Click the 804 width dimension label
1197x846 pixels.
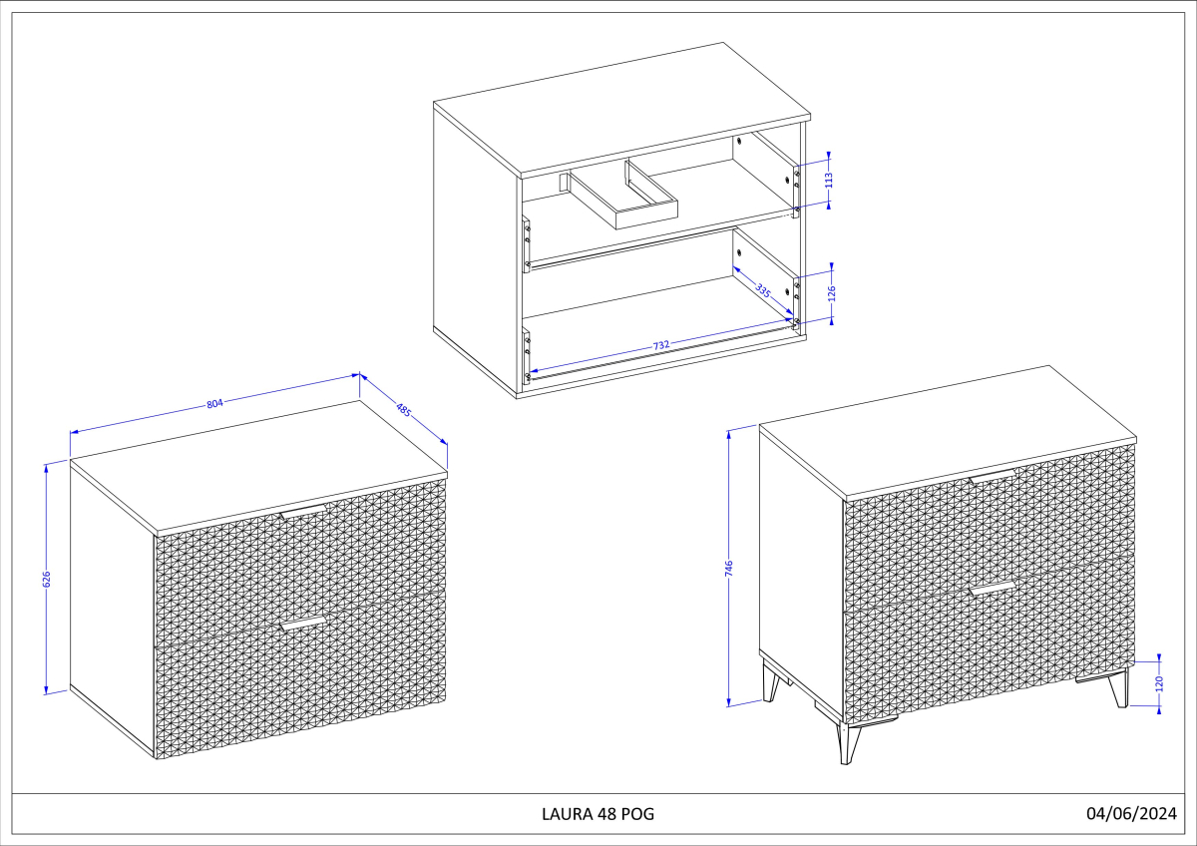(x=214, y=403)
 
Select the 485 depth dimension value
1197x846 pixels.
(x=403, y=409)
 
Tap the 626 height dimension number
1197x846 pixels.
(x=47, y=579)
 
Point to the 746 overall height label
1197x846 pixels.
(x=729, y=568)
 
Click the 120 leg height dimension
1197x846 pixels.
(x=1159, y=683)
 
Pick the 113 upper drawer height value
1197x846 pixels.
(x=829, y=181)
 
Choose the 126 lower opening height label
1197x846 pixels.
(x=832, y=293)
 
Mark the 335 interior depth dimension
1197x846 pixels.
(x=763, y=291)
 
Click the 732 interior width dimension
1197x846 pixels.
(x=661, y=345)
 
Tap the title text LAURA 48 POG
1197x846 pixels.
(x=598, y=814)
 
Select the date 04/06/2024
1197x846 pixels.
(x=1132, y=813)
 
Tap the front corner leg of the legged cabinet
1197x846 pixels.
(x=849, y=743)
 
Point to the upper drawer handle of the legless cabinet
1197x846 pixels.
(x=303, y=511)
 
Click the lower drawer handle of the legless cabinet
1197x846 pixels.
(x=303, y=624)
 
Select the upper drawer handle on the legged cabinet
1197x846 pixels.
(x=993, y=477)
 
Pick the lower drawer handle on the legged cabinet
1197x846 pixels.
(x=993, y=589)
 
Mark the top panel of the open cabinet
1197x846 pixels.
(x=622, y=109)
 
